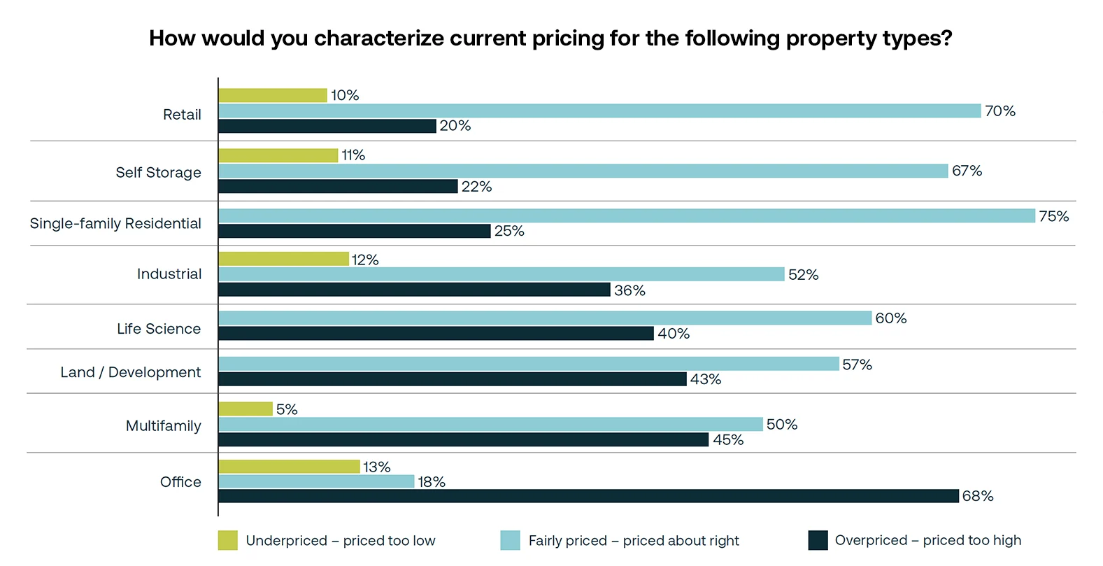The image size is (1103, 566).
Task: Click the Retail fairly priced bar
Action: point(599,111)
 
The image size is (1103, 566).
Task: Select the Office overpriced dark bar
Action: point(588,496)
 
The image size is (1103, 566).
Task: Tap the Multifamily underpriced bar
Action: point(245,409)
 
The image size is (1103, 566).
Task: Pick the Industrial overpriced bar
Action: point(414,290)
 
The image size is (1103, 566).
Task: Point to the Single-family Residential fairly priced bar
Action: point(627,216)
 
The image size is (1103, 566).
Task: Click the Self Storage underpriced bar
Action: point(278,155)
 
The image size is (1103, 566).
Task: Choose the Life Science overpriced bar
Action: point(436,334)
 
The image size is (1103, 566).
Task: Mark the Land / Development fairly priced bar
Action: point(529,364)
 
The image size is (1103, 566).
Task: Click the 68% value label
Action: point(978,496)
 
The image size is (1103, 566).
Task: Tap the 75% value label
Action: point(1053,216)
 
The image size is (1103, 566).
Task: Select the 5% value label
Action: point(287,409)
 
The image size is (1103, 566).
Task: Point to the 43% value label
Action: point(706,379)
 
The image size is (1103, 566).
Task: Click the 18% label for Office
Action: point(432,482)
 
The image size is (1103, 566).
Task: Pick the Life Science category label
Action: point(159,329)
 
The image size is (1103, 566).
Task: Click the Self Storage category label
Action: point(158,173)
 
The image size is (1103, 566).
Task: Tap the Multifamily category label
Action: point(163,426)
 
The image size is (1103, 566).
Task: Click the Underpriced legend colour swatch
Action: point(228,540)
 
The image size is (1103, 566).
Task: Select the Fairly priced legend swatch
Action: point(511,540)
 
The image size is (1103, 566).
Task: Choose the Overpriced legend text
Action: point(927,540)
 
